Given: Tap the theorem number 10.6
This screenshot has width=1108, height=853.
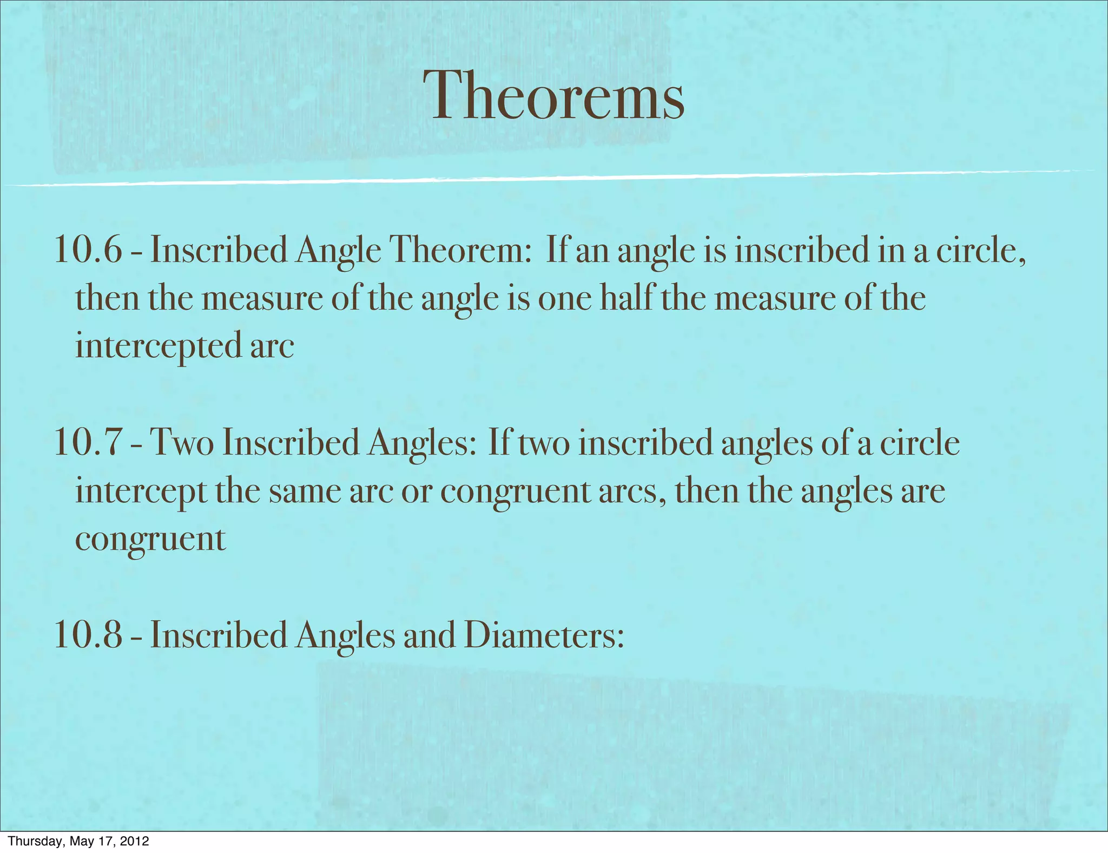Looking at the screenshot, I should pyautogui.click(x=88, y=250).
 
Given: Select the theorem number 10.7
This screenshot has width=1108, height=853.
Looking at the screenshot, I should pyautogui.click(x=88, y=443).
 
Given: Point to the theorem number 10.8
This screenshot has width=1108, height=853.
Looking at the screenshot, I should pyautogui.click(x=88, y=634).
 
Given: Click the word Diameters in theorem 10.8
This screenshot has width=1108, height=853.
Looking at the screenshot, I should pyautogui.click(x=544, y=634).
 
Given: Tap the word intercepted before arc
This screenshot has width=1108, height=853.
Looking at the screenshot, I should pyautogui.click(x=158, y=346).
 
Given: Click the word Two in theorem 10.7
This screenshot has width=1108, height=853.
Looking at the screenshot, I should pyautogui.click(x=181, y=443).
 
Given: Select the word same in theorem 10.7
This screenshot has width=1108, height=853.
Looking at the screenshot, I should pyautogui.click(x=305, y=491).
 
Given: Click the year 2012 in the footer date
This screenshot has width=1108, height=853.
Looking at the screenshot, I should pyautogui.click(x=134, y=841).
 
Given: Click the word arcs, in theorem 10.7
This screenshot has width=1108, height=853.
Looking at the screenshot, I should pyautogui.click(x=632, y=491).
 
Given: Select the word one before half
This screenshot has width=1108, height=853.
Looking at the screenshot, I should pyautogui.click(x=565, y=298).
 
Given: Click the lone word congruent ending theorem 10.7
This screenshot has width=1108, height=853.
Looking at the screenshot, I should pyautogui.click(x=150, y=540).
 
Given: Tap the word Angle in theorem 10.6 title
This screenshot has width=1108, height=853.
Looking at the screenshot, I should pyautogui.click(x=338, y=250).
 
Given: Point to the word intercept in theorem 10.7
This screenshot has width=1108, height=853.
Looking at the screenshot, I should pyautogui.click(x=141, y=491).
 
